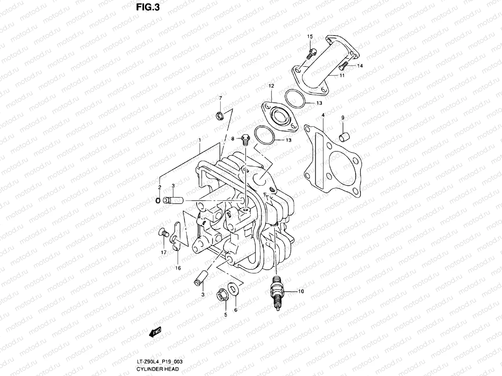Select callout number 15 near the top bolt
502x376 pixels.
(310, 37)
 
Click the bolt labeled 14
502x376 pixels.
(344, 65)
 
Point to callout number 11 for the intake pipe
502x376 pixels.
(342, 76)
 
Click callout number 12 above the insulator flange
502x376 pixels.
(271, 86)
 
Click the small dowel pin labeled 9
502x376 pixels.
(344, 137)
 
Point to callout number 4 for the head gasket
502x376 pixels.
(323, 116)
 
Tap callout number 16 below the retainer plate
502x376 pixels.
(178, 268)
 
